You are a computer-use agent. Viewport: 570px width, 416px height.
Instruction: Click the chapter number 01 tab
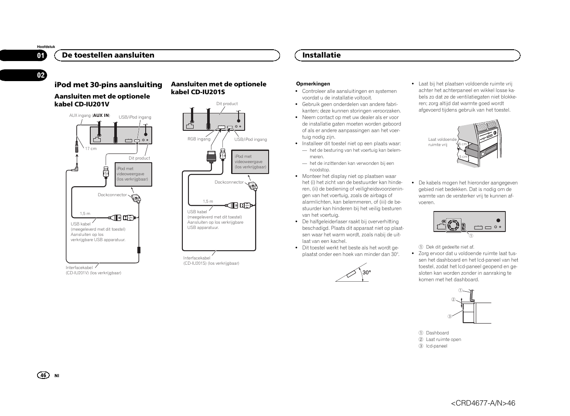[x=41, y=55]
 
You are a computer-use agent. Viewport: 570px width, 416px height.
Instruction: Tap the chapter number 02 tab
[x=41, y=75]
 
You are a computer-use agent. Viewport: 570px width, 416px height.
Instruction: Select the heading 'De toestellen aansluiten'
[x=108, y=55]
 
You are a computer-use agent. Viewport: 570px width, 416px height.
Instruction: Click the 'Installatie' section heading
[x=321, y=55]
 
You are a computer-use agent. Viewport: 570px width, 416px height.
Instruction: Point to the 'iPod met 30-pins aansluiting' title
[x=109, y=85]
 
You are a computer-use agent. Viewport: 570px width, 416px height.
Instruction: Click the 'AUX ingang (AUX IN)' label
[x=89, y=116]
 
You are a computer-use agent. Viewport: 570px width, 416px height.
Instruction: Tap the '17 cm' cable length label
[x=91, y=149]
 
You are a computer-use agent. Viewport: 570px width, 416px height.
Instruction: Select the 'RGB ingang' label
[x=199, y=139]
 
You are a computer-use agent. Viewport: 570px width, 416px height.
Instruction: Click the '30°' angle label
[x=366, y=273]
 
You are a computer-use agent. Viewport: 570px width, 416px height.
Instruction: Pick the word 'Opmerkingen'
[x=313, y=84]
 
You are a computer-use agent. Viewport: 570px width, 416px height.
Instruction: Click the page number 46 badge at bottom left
[x=43, y=375]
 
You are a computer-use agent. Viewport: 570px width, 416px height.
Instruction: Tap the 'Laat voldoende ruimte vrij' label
[x=442, y=142]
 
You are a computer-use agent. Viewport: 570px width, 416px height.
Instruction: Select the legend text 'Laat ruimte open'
[x=443, y=339]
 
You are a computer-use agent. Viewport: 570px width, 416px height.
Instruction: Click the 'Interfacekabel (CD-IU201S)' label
[x=211, y=260]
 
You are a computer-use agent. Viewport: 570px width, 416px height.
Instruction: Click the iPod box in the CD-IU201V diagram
[x=133, y=174]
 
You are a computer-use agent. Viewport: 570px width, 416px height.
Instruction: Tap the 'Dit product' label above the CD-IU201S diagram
[x=227, y=104]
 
